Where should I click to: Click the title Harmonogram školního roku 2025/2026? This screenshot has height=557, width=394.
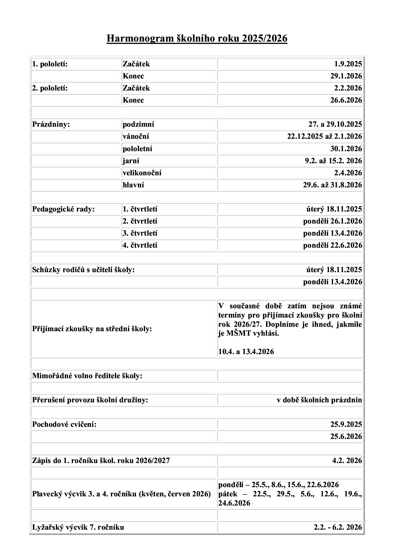click(197, 38)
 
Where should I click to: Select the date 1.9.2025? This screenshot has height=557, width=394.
click(348, 64)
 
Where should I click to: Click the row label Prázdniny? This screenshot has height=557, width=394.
click(51, 124)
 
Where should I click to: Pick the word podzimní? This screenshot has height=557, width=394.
click(138, 124)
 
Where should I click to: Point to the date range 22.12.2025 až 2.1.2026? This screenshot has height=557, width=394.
click(324, 136)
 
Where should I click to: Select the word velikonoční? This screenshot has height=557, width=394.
click(142, 173)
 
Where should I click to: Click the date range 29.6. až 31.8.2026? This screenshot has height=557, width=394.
click(332, 185)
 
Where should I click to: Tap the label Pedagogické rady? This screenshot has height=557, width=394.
click(64, 209)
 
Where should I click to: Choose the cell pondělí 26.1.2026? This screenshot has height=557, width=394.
click(332, 221)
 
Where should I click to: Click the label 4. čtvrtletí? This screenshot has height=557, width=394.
click(140, 245)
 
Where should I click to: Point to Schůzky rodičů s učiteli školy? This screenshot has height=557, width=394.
click(84, 270)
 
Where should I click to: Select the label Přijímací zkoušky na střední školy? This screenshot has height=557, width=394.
click(92, 329)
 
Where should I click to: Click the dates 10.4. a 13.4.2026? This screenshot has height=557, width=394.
click(246, 352)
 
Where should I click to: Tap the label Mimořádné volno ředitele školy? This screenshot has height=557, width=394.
click(87, 376)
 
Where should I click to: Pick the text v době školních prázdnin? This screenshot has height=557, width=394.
click(319, 400)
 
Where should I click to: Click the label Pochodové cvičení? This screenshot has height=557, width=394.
click(64, 424)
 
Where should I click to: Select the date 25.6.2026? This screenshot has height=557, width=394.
click(346, 436)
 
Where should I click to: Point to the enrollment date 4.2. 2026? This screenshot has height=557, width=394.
click(347, 460)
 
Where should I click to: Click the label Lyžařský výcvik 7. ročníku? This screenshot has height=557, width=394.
click(78, 527)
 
